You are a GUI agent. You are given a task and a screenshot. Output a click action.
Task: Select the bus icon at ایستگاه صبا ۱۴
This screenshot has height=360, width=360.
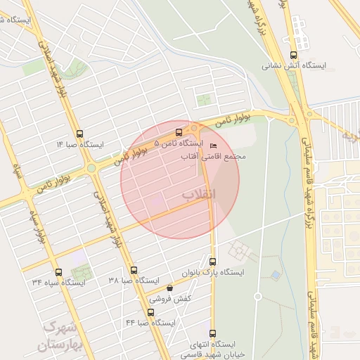(x=79, y=134)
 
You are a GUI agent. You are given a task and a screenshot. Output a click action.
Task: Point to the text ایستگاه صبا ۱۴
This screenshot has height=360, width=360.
(x=79, y=144)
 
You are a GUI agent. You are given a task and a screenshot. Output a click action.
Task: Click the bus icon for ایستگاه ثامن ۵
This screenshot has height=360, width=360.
(x=179, y=132)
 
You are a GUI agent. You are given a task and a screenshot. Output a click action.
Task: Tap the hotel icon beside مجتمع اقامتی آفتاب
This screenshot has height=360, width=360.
(x=214, y=146)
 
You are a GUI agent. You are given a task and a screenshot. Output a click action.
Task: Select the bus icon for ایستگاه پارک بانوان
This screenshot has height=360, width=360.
(x=213, y=262)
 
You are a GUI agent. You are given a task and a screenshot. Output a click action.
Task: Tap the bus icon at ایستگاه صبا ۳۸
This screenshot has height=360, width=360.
(x=134, y=270)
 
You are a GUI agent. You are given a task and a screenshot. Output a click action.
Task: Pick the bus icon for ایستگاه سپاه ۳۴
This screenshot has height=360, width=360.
(x=58, y=272)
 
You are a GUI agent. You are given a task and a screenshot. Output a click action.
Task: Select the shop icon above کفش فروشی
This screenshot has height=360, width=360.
(x=169, y=288)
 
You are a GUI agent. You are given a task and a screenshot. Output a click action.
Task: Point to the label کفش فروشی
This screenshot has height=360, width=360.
(x=169, y=297)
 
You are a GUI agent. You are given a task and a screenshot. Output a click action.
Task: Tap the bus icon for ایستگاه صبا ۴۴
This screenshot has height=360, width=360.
(x=150, y=312)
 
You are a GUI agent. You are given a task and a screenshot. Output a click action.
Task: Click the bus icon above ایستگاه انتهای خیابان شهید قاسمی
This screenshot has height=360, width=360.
(x=213, y=334)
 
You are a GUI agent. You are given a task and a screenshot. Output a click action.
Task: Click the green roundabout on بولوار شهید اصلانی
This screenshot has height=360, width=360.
(x=91, y=168)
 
